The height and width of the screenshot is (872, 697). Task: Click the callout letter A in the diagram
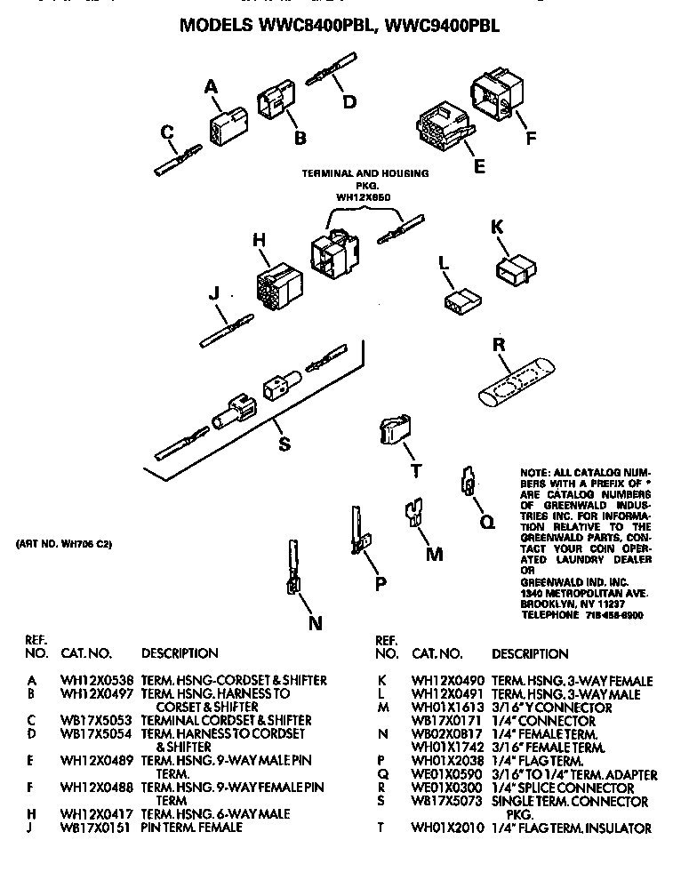point(211,86)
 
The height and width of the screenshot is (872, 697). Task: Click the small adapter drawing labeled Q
point(465,481)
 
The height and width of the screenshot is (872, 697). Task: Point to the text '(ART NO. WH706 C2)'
point(65,544)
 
